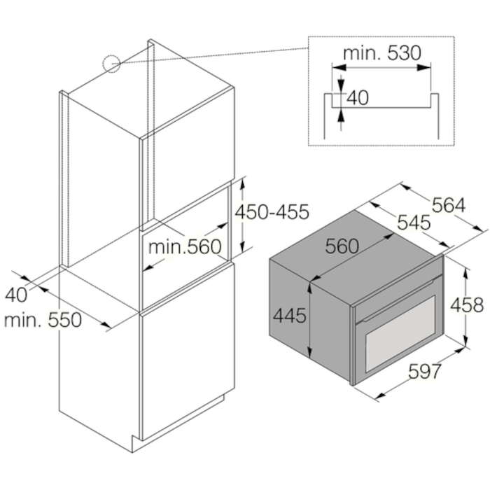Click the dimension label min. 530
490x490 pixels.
(x=382, y=53)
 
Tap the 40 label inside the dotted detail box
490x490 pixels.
(x=358, y=97)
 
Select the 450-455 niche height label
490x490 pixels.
(x=272, y=212)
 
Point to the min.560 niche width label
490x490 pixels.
(x=185, y=246)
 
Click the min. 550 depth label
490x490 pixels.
(x=43, y=320)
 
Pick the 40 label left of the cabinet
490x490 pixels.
(x=16, y=295)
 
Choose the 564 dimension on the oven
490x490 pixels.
(x=449, y=206)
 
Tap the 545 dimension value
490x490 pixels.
(x=414, y=223)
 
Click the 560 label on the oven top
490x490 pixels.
(x=342, y=246)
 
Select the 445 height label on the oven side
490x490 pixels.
(x=290, y=315)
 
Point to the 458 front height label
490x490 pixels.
(x=467, y=305)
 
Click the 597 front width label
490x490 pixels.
(x=425, y=371)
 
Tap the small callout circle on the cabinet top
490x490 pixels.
(x=111, y=64)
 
